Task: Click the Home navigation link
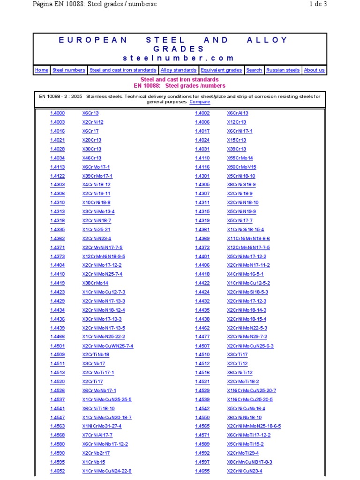point(42,70)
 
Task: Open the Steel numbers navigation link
point(69,70)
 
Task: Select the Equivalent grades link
point(221,70)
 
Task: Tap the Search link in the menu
point(254,70)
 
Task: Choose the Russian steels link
point(283,70)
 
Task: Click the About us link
point(314,70)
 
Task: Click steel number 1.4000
point(58,113)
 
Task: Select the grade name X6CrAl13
point(238,113)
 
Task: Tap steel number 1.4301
point(202,176)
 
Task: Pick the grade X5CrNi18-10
point(241,176)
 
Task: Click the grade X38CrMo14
point(95,283)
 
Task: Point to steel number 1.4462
point(202,328)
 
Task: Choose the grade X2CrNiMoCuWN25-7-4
point(108,346)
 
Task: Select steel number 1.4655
point(202,471)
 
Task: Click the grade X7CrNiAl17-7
point(97,435)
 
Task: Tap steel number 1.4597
point(202,462)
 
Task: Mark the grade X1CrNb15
point(94,462)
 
